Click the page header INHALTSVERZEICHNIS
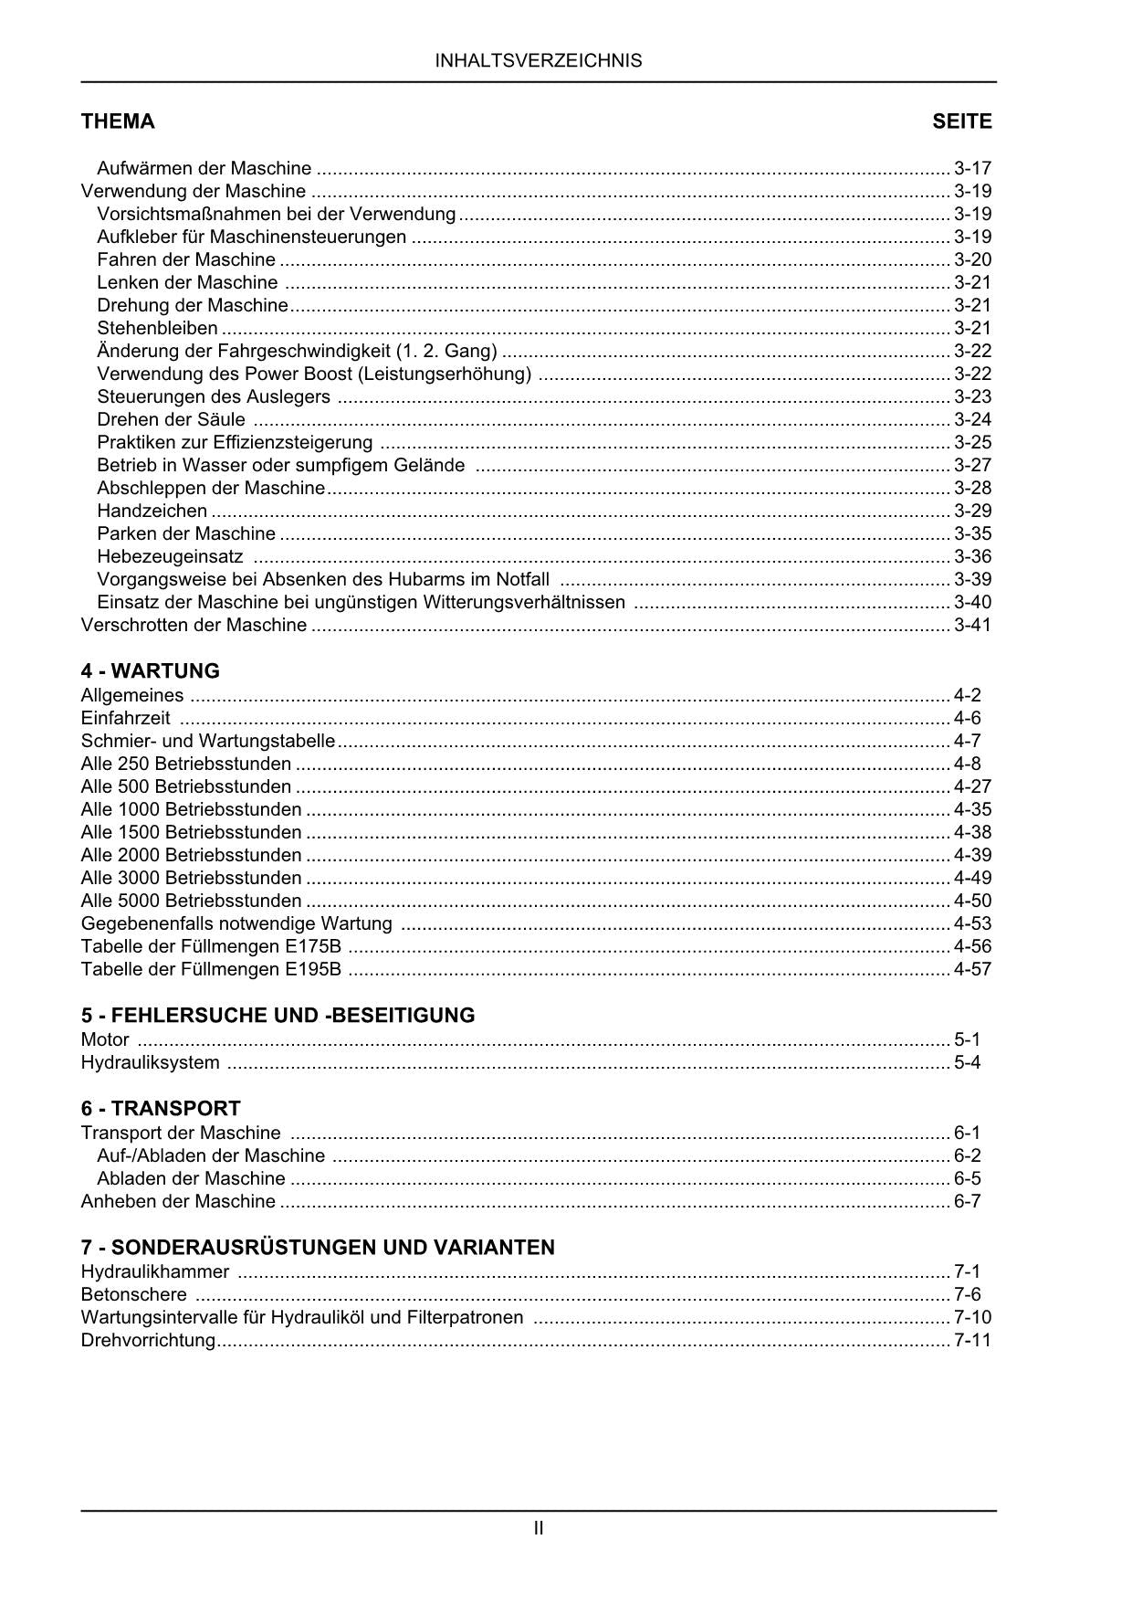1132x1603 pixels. (x=539, y=61)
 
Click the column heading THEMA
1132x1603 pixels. (x=118, y=121)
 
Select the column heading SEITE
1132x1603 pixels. (x=961, y=121)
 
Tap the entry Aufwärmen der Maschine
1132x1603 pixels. (x=204, y=168)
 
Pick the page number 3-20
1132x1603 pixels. (x=972, y=259)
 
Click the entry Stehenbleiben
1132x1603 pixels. (x=157, y=328)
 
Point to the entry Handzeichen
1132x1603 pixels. (x=152, y=511)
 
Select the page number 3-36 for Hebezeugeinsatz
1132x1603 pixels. (x=972, y=556)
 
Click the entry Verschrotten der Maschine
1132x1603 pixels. (x=194, y=625)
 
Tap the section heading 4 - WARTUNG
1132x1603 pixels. (x=151, y=671)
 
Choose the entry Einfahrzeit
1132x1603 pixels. (x=125, y=718)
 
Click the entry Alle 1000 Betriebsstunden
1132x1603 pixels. (x=191, y=809)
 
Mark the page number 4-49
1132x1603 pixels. (x=972, y=878)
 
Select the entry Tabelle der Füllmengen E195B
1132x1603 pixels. (x=211, y=969)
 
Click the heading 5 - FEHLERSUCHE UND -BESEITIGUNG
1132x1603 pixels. (x=278, y=1016)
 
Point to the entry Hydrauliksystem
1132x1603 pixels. (x=150, y=1062)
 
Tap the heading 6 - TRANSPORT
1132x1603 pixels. (x=161, y=1109)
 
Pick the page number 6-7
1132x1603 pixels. (x=967, y=1201)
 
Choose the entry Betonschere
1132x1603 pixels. (x=133, y=1294)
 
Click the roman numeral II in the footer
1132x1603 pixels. (x=539, y=1527)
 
